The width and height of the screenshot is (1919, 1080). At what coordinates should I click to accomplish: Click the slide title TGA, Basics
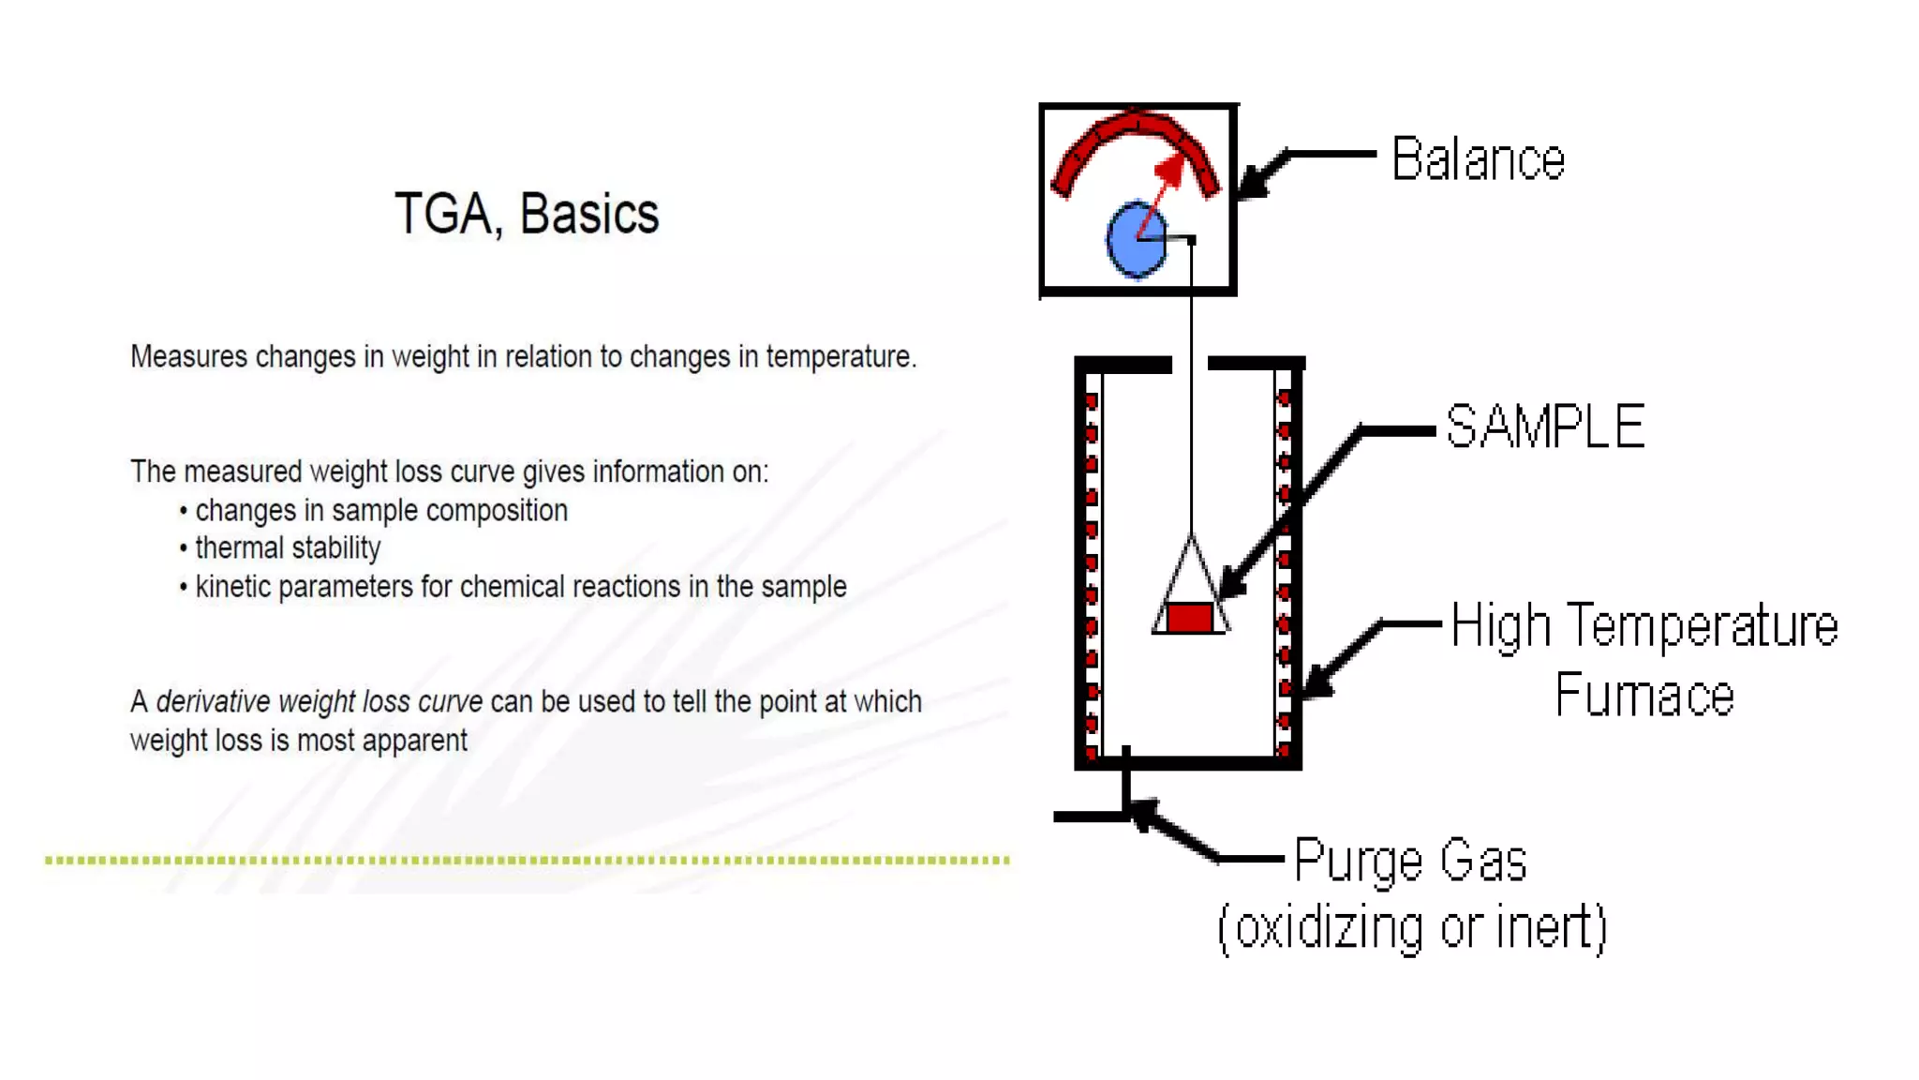coord(527,214)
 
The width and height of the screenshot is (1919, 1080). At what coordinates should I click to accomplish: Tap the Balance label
coord(1478,159)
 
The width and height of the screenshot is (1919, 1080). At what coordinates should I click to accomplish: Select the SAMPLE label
coord(1545,427)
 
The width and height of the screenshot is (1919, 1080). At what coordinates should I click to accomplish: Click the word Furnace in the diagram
coord(1644,696)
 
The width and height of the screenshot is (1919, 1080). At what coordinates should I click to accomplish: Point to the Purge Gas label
coord(1410,861)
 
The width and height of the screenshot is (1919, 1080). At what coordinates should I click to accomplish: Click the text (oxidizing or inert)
coord(1412,928)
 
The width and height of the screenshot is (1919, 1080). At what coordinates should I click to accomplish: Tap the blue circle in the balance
coord(1136,240)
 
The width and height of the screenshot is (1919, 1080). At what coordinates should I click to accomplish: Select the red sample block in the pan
coord(1190,618)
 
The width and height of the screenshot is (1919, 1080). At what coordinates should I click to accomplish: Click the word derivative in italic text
coord(213,701)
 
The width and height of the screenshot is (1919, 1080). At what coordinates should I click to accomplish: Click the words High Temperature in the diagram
coord(1644,626)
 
